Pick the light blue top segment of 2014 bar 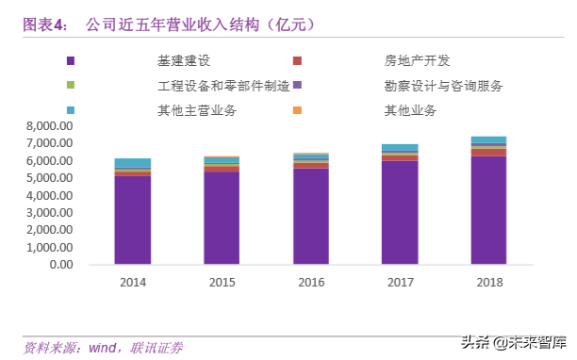coord(133,163)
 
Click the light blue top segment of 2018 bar coord(488,140)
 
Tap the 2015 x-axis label coord(222,282)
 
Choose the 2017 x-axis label coord(399,282)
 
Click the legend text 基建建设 coord(184,61)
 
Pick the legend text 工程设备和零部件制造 coord(223,86)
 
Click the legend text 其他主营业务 coord(197,110)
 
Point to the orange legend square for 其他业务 coord(297,110)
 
